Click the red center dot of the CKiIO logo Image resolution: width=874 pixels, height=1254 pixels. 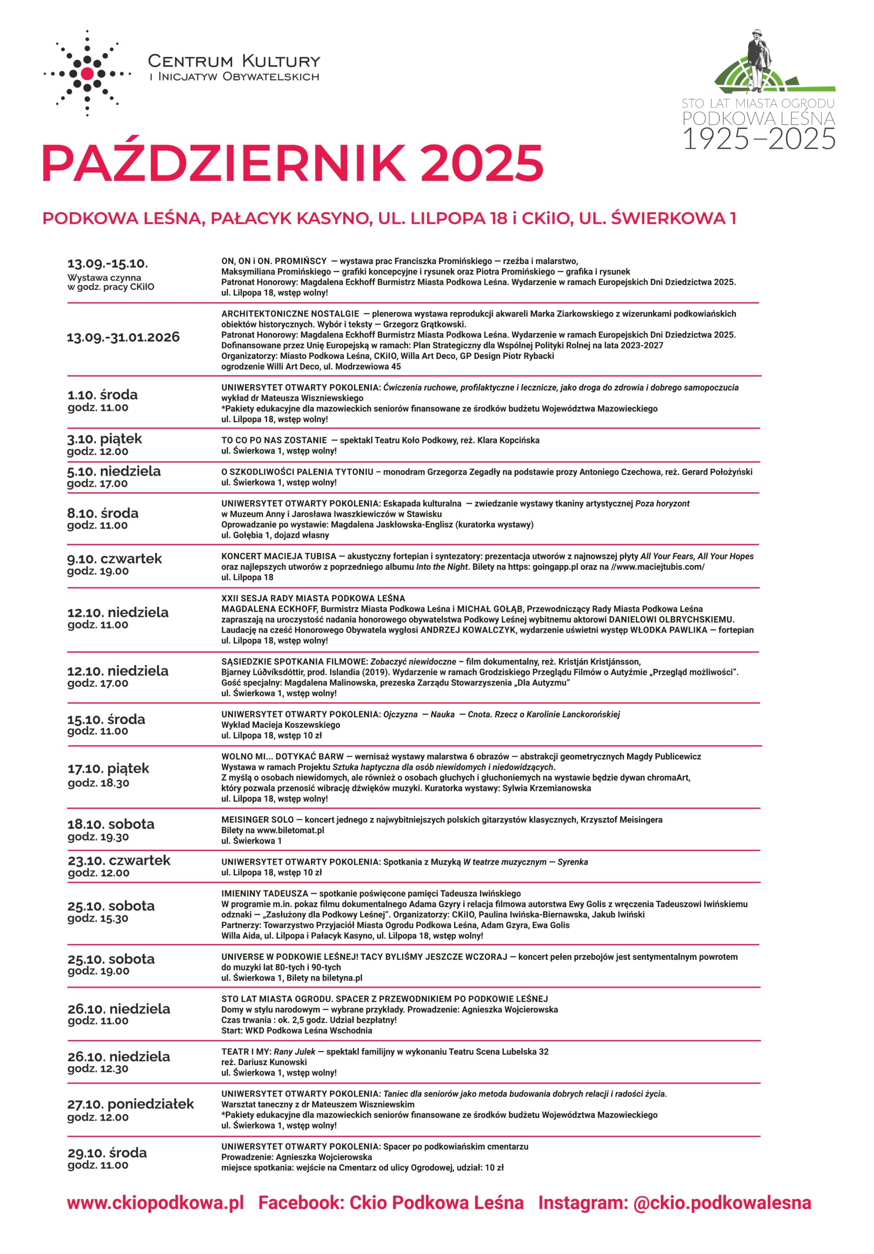click(x=87, y=73)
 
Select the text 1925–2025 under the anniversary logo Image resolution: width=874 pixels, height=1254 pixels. click(x=759, y=139)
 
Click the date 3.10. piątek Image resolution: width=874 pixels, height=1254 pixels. click(x=105, y=438)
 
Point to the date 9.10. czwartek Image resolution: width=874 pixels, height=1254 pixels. click(x=115, y=558)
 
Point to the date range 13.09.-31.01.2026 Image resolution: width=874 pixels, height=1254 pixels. click(x=123, y=337)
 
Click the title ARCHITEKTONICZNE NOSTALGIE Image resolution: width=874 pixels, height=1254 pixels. click(x=290, y=313)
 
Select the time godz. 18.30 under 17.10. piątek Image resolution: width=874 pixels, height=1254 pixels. click(x=98, y=783)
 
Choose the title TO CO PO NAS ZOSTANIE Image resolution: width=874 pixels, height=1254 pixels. click(x=274, y=440)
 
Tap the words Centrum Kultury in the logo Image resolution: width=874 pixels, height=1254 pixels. click(x=234, y=61)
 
